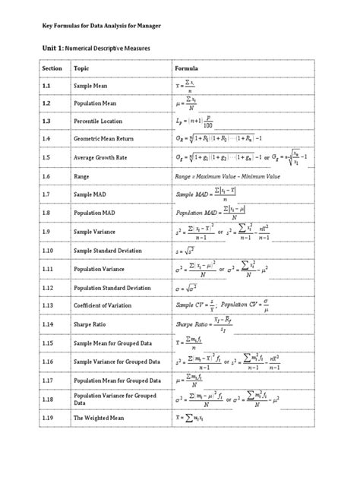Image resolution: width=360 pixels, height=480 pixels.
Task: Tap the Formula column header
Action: point(187,68)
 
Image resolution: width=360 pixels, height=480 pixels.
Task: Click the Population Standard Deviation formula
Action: point(189,289)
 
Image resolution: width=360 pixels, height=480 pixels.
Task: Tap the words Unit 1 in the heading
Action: point(46,48)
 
